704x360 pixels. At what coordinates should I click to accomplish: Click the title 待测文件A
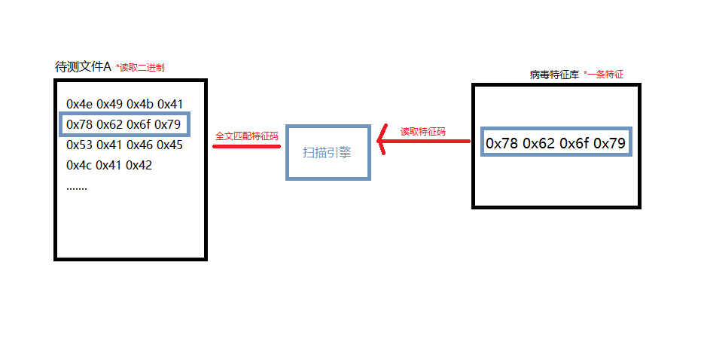tap(83, 67)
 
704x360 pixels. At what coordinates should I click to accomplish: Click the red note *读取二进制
tap(140, 68)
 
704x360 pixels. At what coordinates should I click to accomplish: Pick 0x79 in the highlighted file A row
tap(167, 124)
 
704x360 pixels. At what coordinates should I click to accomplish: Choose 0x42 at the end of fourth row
tap(139, 165)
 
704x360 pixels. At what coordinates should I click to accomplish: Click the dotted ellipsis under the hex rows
tap(77, 187)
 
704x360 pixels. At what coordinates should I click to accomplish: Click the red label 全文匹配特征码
tap(246, 136)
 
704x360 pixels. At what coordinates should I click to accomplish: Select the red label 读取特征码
tap(422, 131)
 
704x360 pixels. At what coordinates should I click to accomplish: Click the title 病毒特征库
tap(553, 75)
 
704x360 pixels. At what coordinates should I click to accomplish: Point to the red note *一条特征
tap(604, 75)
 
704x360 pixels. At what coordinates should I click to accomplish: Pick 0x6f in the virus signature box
tap(574, 143)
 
